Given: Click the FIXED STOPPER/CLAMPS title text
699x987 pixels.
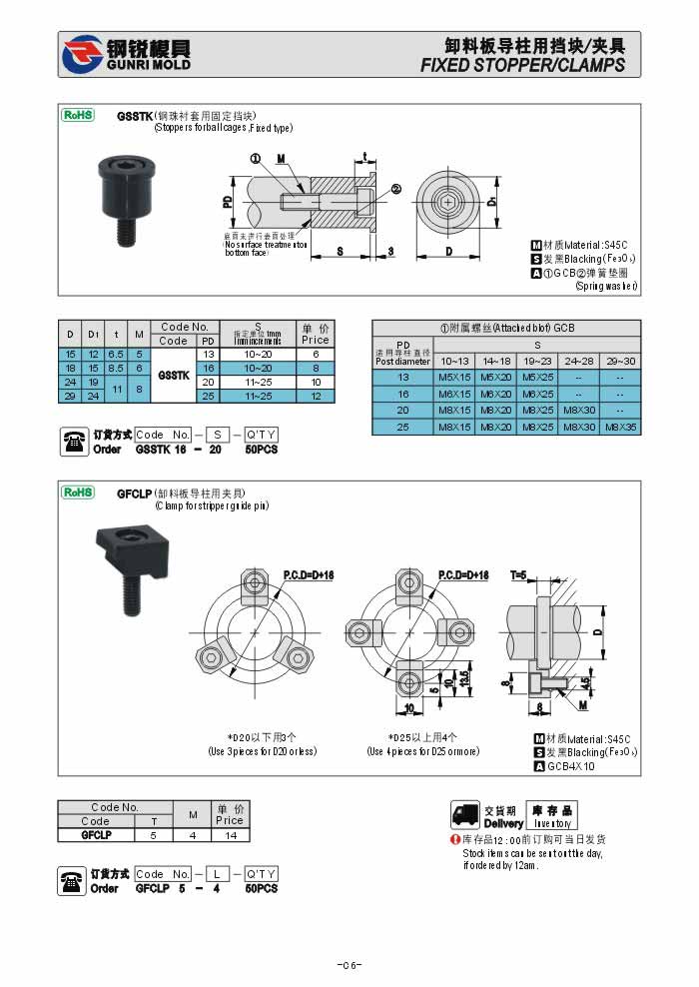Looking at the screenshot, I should click(x=522, y=65).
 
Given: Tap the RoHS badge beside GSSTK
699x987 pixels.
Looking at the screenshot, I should click(x=78, y=115).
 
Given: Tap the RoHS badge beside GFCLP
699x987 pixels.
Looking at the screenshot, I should click(x=78, y=492).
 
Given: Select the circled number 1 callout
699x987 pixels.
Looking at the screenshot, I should click(x=255, y=159).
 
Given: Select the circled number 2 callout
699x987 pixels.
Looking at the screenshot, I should click(x=395, y=189).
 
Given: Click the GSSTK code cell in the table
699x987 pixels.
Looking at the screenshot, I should click(x=174, y=376).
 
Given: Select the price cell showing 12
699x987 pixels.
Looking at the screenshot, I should click(x=315, y=397).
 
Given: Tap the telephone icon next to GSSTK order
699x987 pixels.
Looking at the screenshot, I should click(x=74, y=441).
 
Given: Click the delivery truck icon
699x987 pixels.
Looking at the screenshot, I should click(x=464, y=814).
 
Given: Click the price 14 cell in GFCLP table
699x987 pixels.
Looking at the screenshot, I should click(x=231, y=834).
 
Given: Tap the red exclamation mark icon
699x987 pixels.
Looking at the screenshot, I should click(x=454, y=840).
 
